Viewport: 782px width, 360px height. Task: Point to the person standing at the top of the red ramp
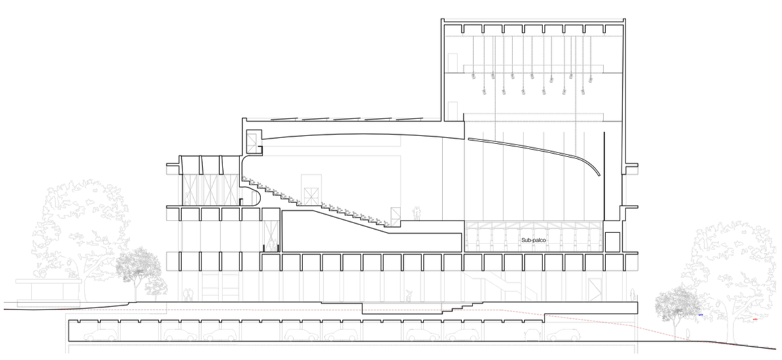tap(632, 295)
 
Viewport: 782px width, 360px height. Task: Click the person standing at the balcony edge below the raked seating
tap(416, 212)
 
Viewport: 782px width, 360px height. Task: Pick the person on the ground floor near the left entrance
tap(188, 295)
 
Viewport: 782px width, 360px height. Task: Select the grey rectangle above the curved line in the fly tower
tap(532, 137)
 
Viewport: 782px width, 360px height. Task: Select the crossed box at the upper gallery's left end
tap(251, 143)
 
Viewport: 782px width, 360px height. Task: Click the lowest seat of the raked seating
tap(387, 223)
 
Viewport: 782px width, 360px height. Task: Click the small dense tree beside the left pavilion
tap(139, 268)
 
